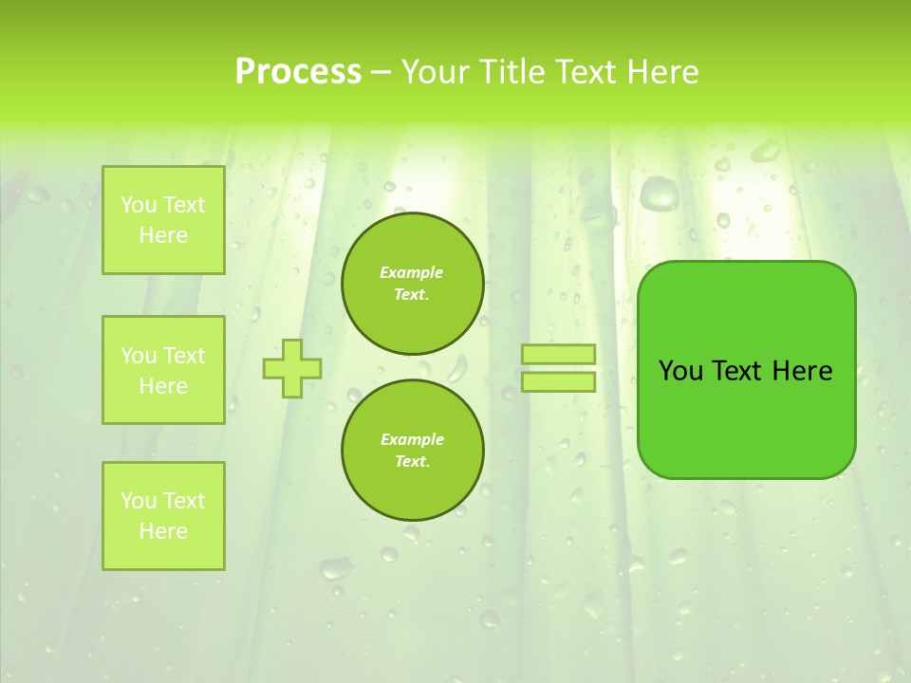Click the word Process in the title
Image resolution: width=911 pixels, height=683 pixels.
point(298,72)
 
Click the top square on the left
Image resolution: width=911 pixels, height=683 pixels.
point(163,220)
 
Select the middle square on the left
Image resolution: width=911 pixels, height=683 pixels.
point(163,370)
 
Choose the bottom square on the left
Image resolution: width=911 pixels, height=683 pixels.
point(163,515)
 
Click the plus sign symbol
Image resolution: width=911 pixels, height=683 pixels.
point(292,368)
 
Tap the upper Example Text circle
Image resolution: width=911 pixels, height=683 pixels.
point(412,283)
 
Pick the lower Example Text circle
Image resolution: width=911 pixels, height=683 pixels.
point(412,450)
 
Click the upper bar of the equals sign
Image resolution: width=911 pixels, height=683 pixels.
point(558,355)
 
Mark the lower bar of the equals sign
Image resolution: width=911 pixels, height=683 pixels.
point(558,381)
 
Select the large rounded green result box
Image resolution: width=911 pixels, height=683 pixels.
point(746,370)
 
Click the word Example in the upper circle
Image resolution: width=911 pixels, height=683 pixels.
point(412,272)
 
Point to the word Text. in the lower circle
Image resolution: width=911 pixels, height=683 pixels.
point(412,461)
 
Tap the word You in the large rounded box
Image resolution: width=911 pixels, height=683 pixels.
point(680,371)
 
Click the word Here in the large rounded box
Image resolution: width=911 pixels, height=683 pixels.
point(802,371)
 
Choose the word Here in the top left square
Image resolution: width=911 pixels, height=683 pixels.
point(163,235)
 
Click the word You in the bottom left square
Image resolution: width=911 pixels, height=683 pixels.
point(139,501)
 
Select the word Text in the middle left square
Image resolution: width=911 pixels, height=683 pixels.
point(184,356)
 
